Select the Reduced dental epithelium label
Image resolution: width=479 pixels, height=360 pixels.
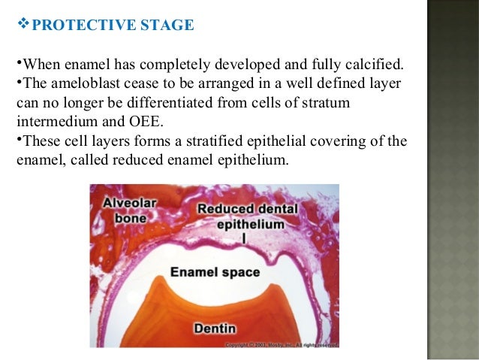tap(243, 214)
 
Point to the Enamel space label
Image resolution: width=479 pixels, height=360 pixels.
tap(215, 271)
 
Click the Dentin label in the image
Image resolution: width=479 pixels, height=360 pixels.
tap(215, 328)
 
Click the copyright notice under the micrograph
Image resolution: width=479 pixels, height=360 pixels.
tap(285, 344)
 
